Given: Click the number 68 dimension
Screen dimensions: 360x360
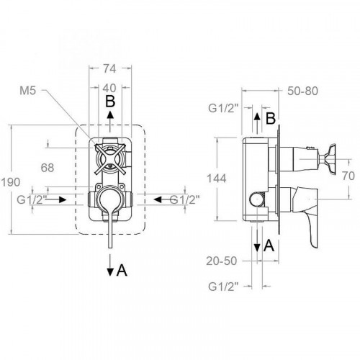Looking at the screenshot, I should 48,168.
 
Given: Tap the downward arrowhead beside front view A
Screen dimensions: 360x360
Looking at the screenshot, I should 109,271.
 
